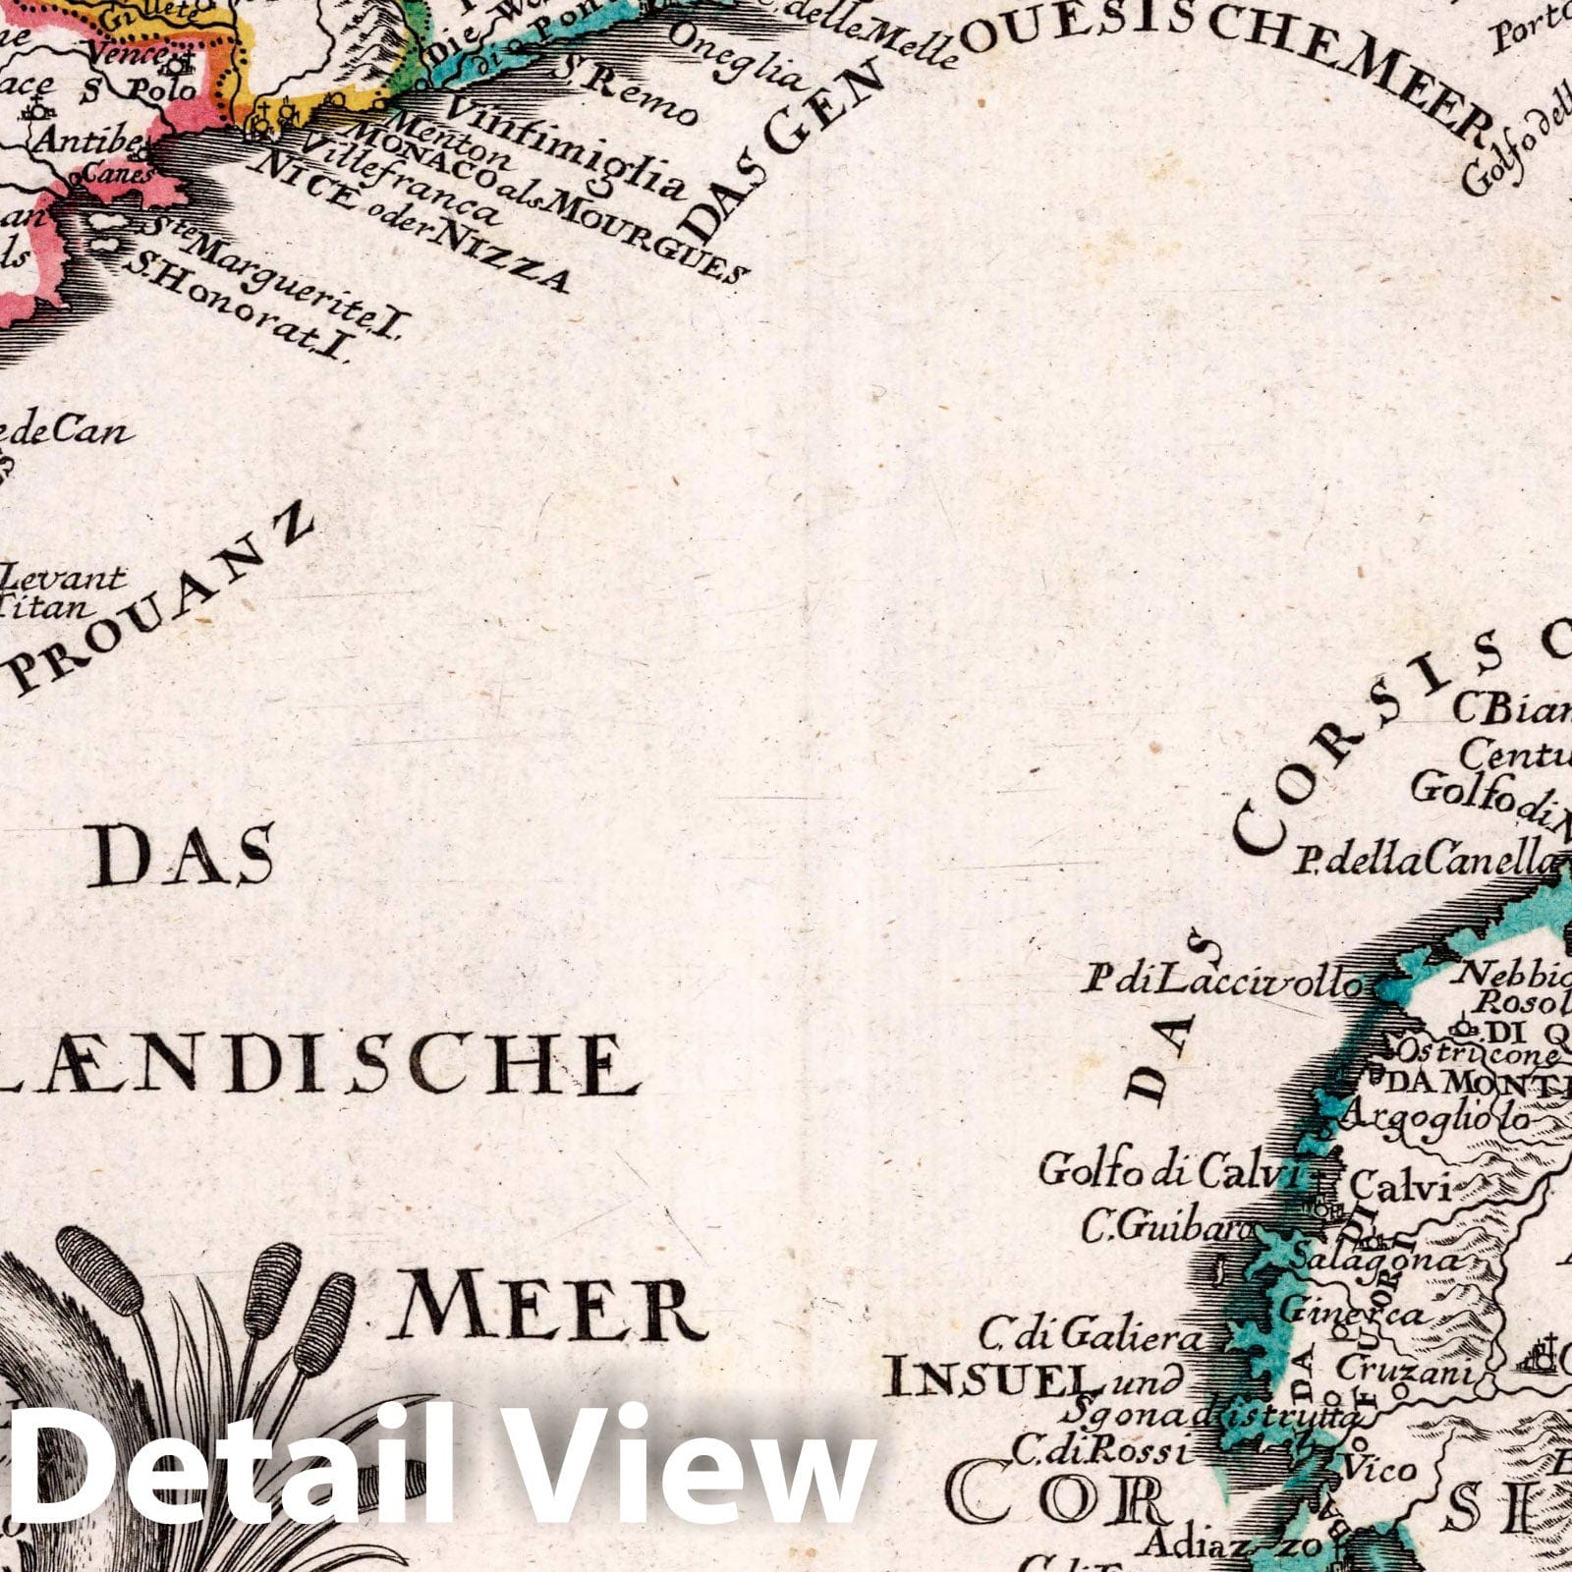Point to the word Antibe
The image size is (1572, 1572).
pyautogui.click(x=84, y=140)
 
